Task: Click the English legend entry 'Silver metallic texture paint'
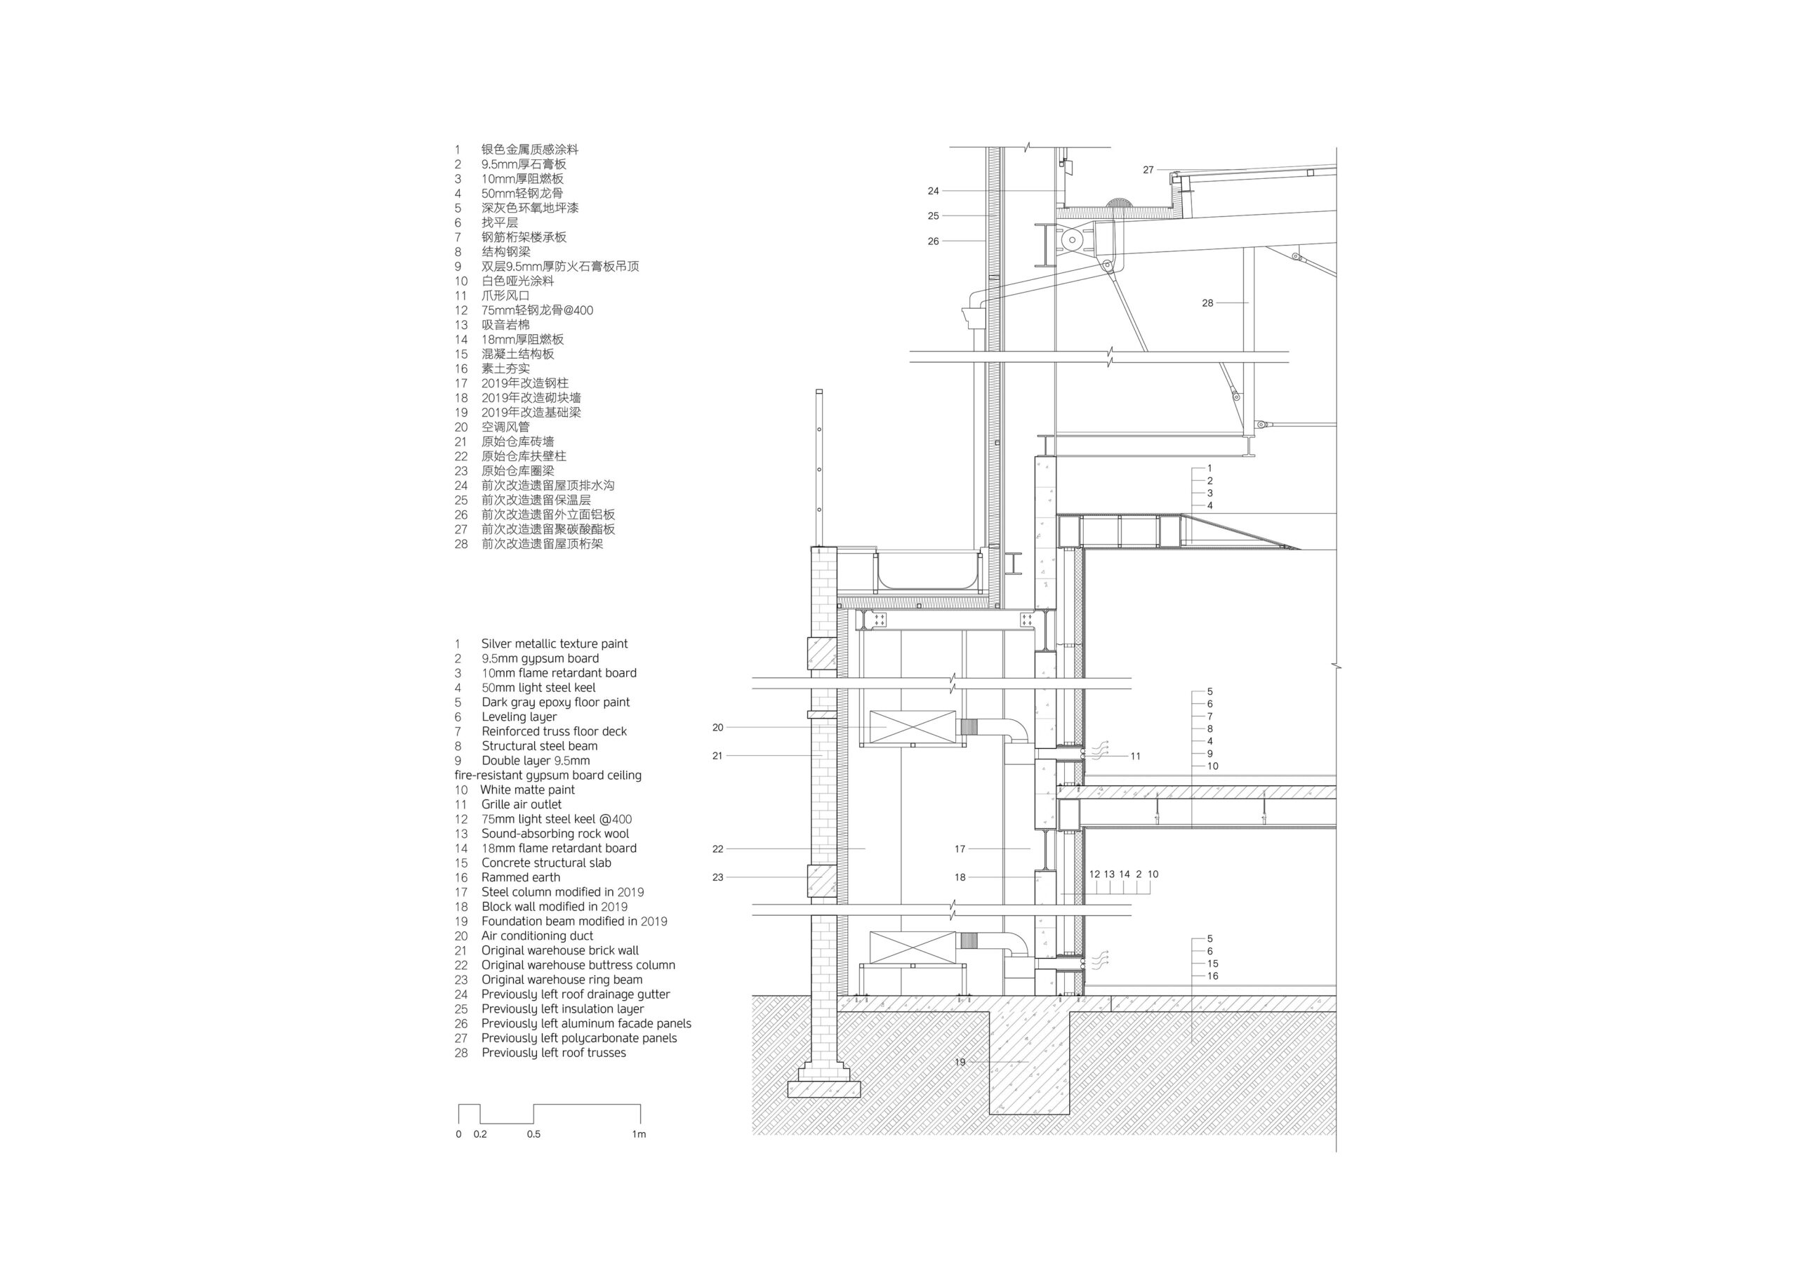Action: tap(554, 644)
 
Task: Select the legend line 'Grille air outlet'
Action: tap(522, 804)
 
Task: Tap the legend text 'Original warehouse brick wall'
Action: tap(559, 951)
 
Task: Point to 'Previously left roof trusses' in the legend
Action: tap(553, 1053)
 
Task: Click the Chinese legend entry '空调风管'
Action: tap(505, 427)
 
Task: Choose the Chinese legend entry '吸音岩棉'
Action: tap(505, 325)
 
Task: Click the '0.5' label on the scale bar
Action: tap(533, 1134)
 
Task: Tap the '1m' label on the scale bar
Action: tap(639, 1134)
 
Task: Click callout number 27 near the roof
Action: tap(1148, 170)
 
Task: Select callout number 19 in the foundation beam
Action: tap(960, 1062)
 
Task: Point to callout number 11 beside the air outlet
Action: tap(1136, 757)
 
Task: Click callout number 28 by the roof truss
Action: tap(1207, 303)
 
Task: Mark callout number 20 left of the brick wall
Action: tap(717, 728)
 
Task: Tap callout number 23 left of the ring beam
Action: tap(717, 877)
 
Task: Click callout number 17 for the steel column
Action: tap(960, 849)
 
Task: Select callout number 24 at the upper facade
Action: tap(933, 191)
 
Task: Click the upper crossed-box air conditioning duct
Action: tap(913, 727)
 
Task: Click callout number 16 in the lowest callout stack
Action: tap(1212, 976)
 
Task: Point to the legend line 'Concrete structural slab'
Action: tap(545, 863)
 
